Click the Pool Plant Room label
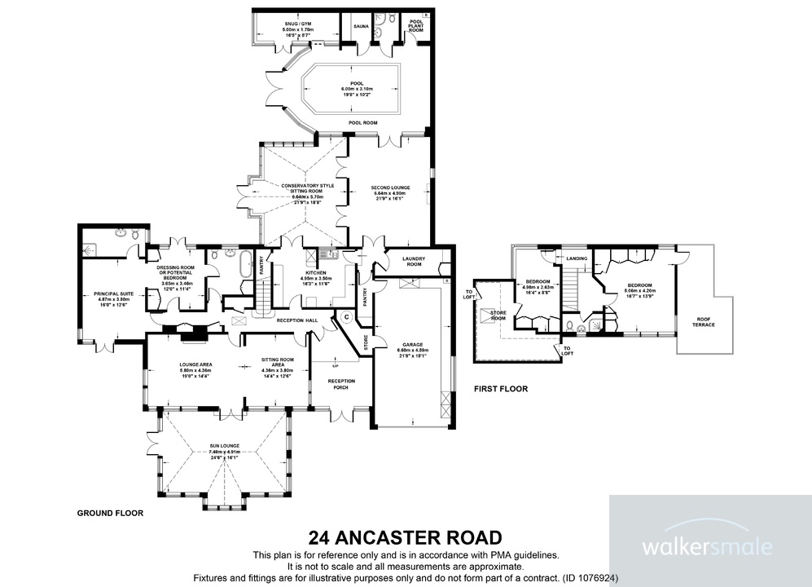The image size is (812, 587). point(416,25)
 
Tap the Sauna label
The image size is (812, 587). point(361,26)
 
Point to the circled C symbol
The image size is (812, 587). point(346,316)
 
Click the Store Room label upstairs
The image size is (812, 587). point(498,315)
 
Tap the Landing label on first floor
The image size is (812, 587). point(577,258)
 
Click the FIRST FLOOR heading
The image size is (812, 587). point(501,389)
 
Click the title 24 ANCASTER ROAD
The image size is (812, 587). point(405,537)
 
